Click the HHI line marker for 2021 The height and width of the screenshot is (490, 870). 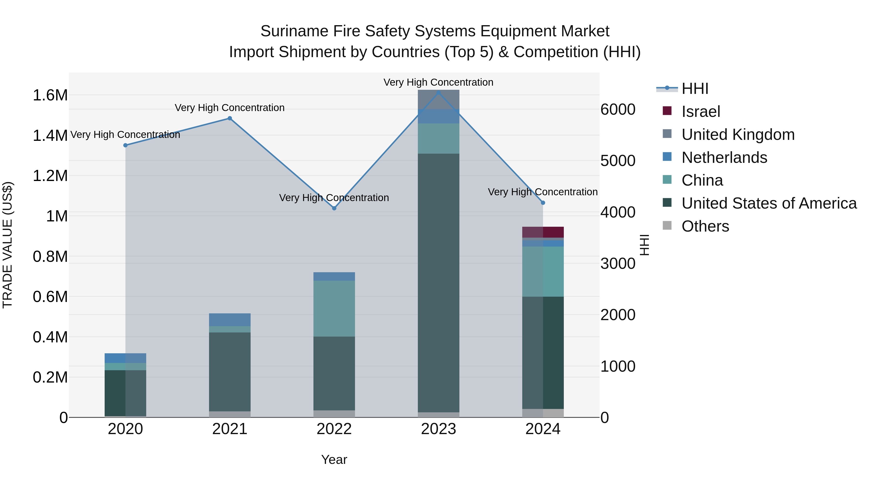coord(230,118)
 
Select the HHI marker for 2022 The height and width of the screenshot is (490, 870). coord(334,208)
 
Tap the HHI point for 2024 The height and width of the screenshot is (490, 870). coord(543,203)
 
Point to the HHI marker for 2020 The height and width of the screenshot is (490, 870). coord(125,145)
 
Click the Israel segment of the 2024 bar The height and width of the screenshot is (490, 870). coord(543,232)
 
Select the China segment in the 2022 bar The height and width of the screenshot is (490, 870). coord(334,309)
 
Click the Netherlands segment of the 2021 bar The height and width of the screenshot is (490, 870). coord(230,320)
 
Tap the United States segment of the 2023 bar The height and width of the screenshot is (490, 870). coord(438,283)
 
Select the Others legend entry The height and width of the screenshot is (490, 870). coord(705,226)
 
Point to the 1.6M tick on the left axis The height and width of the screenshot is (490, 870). coord(50,95)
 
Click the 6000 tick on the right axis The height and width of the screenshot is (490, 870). coord(618,110)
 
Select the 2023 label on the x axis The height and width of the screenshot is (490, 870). coord(438,429)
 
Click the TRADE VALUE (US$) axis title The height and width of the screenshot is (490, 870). coord(7,245)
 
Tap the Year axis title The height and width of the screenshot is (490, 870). coord(334,460)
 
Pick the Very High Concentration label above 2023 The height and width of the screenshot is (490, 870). coord(438,82)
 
